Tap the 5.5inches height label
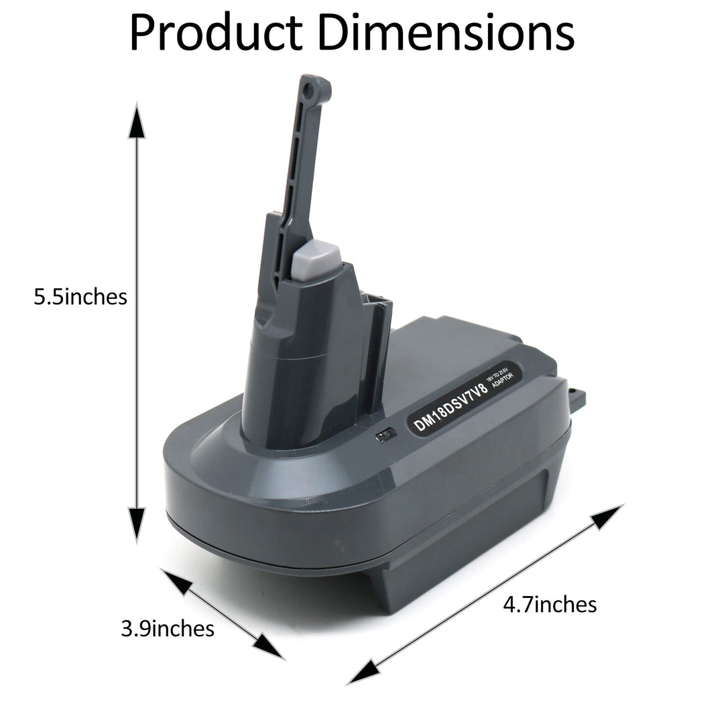click(x=80, y=296)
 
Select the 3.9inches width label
click(x=168, y=628)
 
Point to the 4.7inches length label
click(x=550, y=605)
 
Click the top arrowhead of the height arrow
click(x=137, y=121)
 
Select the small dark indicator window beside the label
click(x=385, y=437)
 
